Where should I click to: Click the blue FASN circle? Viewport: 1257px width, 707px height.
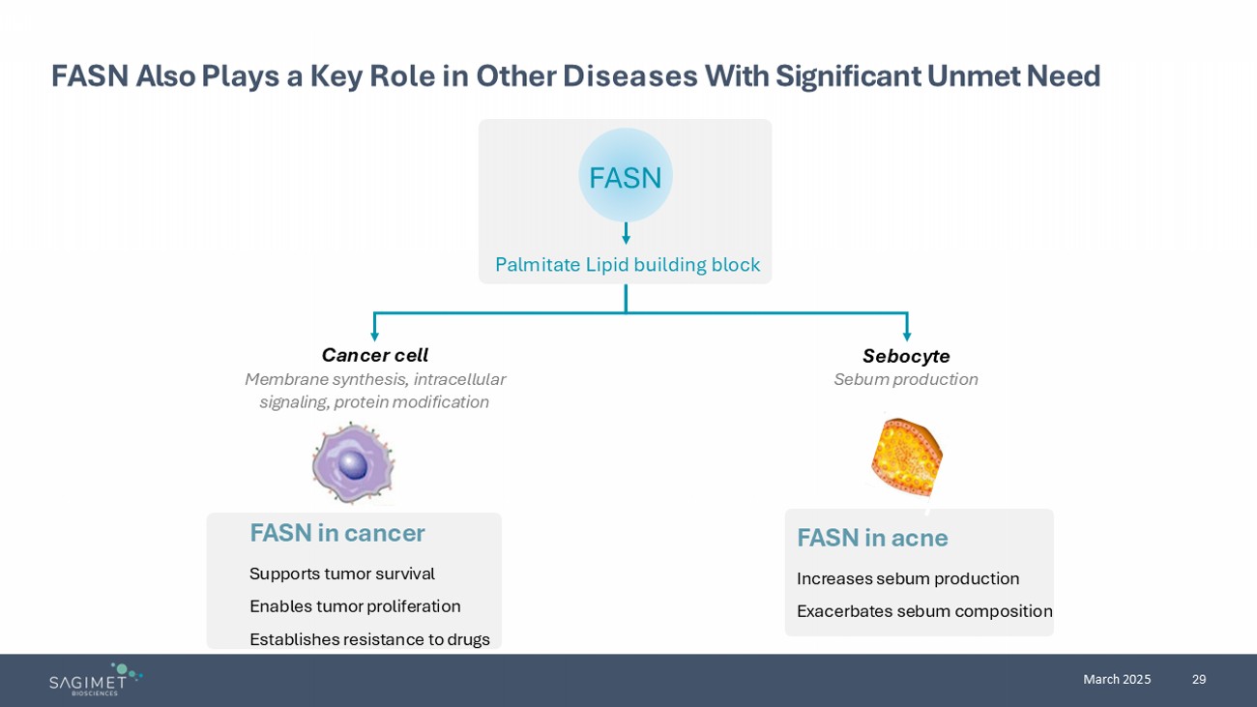pyautogui.click(x=626, y=176)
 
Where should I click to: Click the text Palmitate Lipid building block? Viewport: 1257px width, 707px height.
pyautogui.click(x=627, y=265)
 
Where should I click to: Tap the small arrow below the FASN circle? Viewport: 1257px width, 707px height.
pyautogui.click(x=626, y=234)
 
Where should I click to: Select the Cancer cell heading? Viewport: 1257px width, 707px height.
pyautogui.click(x=374, y=355)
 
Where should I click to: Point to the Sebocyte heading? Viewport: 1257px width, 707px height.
pyautogui.click(x=906, y=356)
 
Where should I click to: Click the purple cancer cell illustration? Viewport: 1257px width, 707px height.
pyautogui.click(x=353, y=463)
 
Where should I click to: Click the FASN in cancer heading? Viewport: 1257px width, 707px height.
pyautogui.click(x=336, y=533)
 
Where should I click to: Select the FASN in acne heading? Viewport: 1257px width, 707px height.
pyautogui.click(x=871, y=538)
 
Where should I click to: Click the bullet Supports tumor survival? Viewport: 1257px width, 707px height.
pyautogui.click(x=341, y=574)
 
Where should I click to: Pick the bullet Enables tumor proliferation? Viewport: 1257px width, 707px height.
pyautogui.click(x=355, y=606)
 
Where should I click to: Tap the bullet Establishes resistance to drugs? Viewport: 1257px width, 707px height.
pyautogui.click(x=369, y=639)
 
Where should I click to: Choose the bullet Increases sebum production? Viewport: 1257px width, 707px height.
pyautogui.click(x=907, y=578)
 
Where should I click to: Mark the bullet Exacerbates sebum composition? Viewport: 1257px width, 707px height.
pyautogui.click(x=923, y=611)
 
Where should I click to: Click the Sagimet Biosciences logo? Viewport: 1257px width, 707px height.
pyautogui.click(x=96, y=679)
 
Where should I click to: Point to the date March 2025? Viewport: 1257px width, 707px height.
pyautogui.click(x=1117, y=679)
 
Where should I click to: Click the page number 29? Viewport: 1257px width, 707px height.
pyautogui.click(x=1199, y=679)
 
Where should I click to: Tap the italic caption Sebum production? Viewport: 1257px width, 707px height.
pyautogui.click(x=906, y=379)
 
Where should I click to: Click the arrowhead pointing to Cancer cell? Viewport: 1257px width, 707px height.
pyautogui.click(x=375, y=336)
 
